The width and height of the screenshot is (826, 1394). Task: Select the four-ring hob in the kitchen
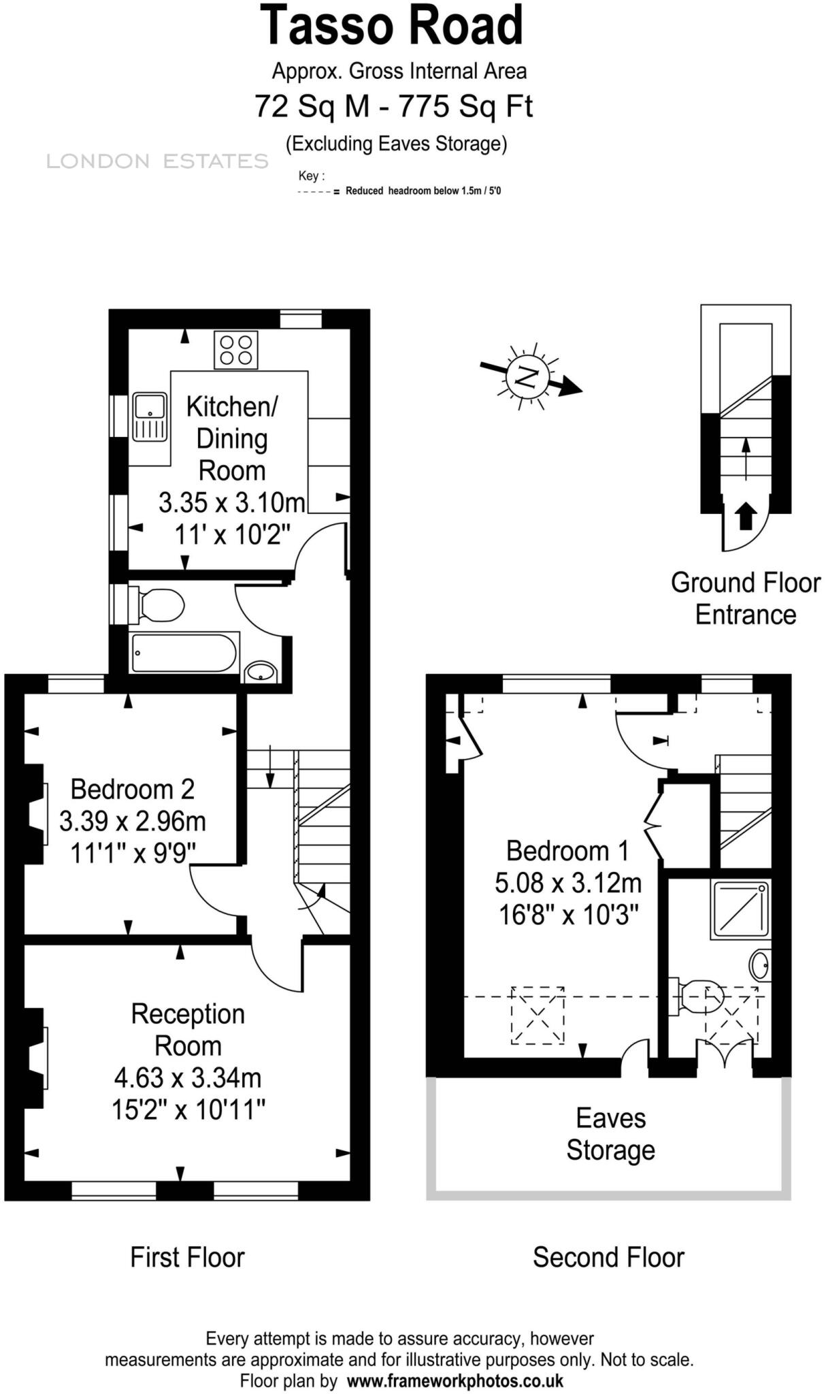pos(235,350)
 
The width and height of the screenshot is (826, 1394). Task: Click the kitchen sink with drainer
pos(150,417)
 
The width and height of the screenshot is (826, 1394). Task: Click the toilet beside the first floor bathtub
pos(161,605)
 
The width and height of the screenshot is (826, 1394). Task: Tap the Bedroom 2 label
pos(132,789)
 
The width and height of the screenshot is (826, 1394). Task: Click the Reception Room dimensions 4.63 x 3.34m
pos(188,1078)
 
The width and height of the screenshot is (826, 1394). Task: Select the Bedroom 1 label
pos(567,851)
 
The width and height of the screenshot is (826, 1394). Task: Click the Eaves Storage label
pos(610,1134)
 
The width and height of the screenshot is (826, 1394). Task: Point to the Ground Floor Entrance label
pos(746,598)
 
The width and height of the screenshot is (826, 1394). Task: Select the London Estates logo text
pos(157,161)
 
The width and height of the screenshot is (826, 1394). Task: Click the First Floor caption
pos(187,1258)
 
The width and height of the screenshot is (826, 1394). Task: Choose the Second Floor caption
pos(608,1258)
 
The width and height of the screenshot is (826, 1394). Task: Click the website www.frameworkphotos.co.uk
pos(455,1380)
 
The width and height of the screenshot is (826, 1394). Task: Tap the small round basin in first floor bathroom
pos(260,672)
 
